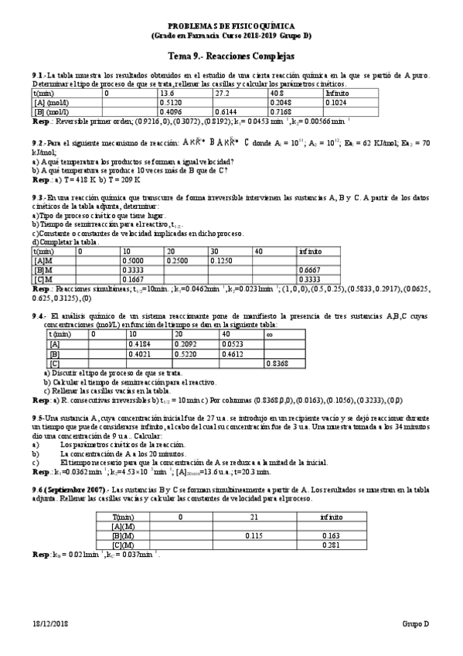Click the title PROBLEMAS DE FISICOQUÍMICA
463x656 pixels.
click(231, 26)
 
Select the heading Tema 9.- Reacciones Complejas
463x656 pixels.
click(231, 56)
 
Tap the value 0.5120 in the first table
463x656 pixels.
click(172, 101)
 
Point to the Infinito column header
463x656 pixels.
click(337, 92)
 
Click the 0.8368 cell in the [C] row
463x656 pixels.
click(277, 363)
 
